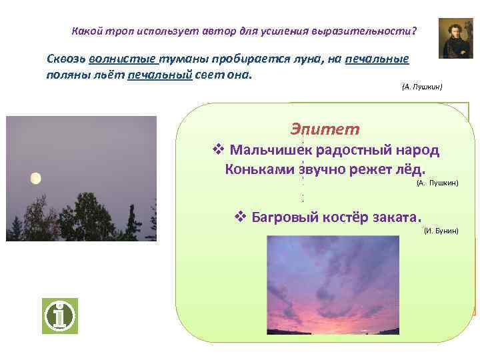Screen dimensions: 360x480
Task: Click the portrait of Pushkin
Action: tap(455, 39)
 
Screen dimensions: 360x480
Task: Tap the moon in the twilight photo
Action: tap(35, 178)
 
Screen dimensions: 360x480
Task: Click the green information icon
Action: tap(61, 315)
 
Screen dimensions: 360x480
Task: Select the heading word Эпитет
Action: tap(325, 129)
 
